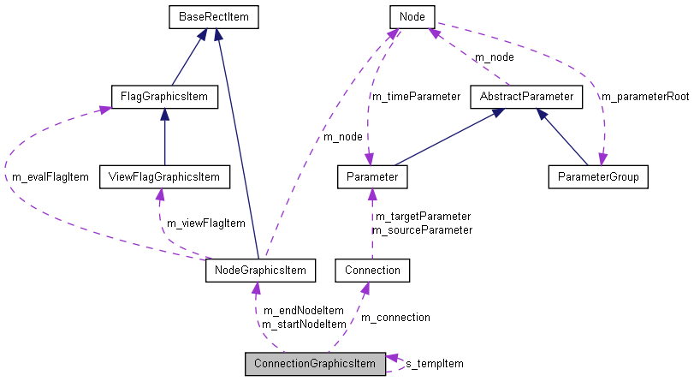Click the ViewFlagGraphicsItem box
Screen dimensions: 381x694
coord(164,177)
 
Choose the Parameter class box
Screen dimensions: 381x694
coord(371,177)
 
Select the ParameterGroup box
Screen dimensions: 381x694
coord(597,177)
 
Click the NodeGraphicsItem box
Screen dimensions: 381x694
coord(261,271)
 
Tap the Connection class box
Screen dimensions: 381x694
coord(372,271)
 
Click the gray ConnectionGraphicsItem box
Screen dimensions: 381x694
coord(315,364)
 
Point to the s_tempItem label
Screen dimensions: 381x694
coord(434,364)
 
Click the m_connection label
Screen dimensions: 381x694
coord(394,317)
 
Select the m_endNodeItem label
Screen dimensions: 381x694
coord(303,310)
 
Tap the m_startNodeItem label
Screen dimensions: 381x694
coord(304,324)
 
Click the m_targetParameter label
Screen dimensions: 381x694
coord(421,217)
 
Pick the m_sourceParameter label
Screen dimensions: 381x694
coord(422,229)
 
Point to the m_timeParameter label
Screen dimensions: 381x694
coord(415,96)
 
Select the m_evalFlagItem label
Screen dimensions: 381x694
coord(50,176)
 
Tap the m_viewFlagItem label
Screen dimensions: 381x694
coord(205,223)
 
